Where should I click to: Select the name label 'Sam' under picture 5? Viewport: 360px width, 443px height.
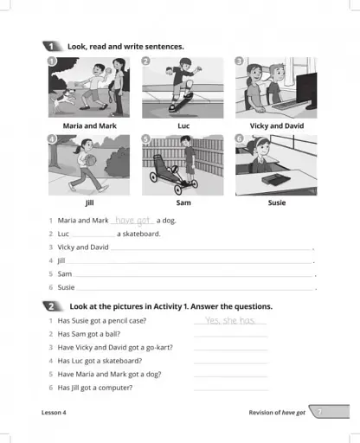[x=183, y=203]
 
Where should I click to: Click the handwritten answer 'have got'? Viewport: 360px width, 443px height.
[x=133, y=221]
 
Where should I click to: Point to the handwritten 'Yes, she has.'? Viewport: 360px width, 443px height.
[x=231, y=320]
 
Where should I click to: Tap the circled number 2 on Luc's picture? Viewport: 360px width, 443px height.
[x=146, y=61]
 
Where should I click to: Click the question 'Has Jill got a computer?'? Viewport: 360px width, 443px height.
[x=95, y=387]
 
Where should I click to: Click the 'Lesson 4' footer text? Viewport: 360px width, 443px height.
[x=54, y=413]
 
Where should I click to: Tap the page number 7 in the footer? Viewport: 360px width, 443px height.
[x=321, y=413]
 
